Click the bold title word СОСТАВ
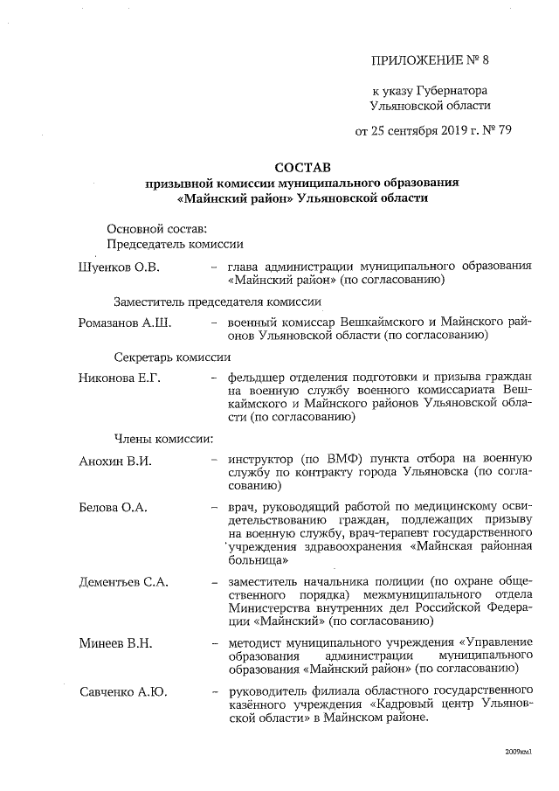(x=303, y=166)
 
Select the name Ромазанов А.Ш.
(x=124, y=323)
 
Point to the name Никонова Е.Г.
(x=120, y=378)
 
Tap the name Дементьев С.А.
(x=123, y=581)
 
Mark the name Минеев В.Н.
(x=115, y=644)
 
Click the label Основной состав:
(x=151, y=228)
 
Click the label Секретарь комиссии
(x=172, y=357)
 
